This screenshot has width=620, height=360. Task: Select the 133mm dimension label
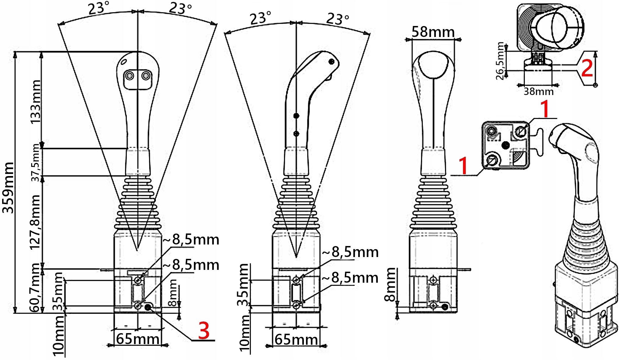tap(35, 101)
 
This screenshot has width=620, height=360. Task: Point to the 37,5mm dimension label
tap(36, 162)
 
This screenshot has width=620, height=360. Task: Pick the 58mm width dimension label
tap(433, 32)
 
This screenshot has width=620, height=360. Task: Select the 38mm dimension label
tap(538, 91)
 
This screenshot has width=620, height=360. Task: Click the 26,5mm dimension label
tap(500, 61)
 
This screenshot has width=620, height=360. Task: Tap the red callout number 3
tap(204, 331)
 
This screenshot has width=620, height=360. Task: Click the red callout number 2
tap(587, 68)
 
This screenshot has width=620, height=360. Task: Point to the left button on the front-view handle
tap(130, 76)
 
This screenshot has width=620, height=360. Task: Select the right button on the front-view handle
tap(146, 75)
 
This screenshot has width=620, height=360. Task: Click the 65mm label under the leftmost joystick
tap(138, 339)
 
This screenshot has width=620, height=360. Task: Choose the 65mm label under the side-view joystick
tap(296, 340)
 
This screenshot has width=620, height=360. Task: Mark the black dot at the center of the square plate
tap(506, 145)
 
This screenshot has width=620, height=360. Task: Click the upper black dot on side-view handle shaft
tap(296, 116)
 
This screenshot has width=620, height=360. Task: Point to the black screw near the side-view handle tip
tap(332, 62)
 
